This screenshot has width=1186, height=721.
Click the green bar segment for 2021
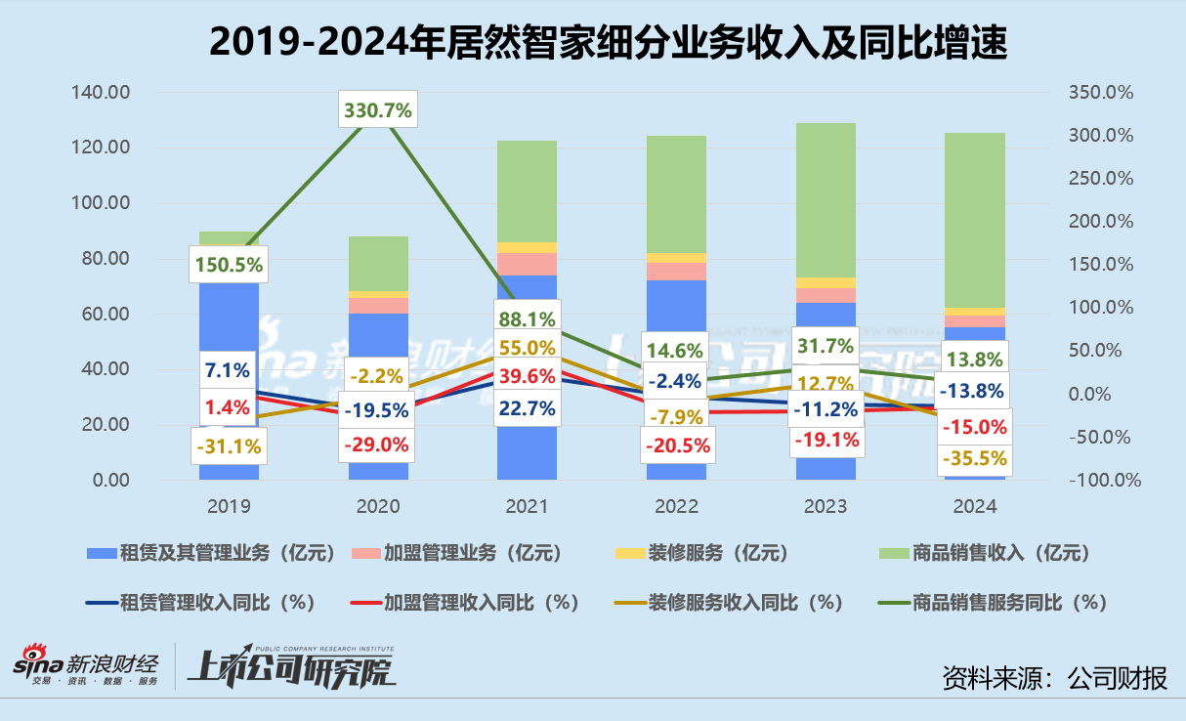528,191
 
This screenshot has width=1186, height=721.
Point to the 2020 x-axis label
378,506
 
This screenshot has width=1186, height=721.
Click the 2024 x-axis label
975,506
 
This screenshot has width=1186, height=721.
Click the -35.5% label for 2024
975,458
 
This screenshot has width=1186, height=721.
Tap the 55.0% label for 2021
528,347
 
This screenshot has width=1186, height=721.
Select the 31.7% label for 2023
826,345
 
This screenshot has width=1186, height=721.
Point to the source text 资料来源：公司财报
1054,676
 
